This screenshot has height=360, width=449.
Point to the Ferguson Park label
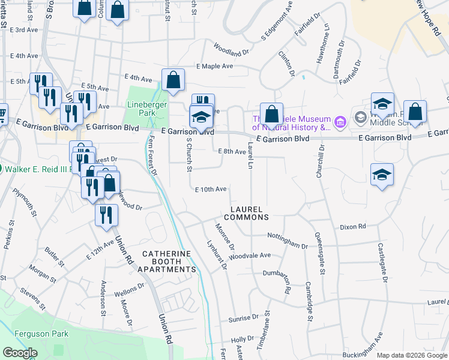(43, 334)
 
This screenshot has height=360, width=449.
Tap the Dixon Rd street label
(352, 227)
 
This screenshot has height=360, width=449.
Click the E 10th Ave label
(210, 189)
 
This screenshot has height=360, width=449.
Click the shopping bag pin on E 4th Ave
(173, 80)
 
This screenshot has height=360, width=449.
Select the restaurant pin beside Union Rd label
(106, 215)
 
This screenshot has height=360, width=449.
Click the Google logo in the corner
(20, 353)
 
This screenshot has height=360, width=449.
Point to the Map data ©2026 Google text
(412, 355)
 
